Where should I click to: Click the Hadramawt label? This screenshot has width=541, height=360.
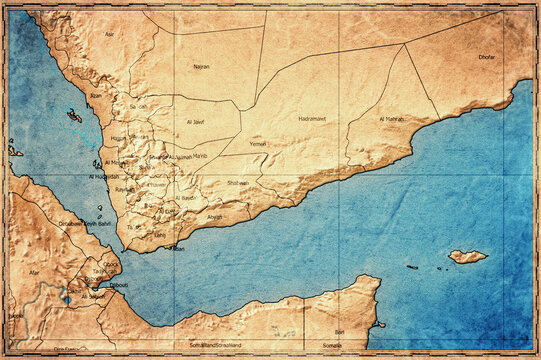point(312,118)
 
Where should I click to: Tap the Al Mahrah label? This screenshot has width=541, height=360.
point(394,119)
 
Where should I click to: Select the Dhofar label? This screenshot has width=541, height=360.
point(486,57)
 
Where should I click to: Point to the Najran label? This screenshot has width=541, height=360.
point(201,66)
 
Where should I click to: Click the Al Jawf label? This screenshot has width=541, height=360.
point(195,122)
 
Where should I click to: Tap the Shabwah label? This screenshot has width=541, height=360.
point(238,183)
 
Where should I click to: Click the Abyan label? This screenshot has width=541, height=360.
point(215,216)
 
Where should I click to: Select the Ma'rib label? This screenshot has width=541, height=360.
point(199,156)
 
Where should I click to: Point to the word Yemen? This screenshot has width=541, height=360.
point(258,143)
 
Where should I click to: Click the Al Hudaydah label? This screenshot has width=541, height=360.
point(104,177)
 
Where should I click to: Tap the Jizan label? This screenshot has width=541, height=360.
point(96,96)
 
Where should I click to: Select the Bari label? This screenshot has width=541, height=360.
point(339,330)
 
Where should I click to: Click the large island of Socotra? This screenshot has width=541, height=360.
point(467,256)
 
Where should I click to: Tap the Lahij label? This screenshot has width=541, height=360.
point(159,235)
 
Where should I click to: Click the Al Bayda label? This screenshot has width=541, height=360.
point(186,197)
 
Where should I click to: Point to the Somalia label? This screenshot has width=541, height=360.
point(331,345)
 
